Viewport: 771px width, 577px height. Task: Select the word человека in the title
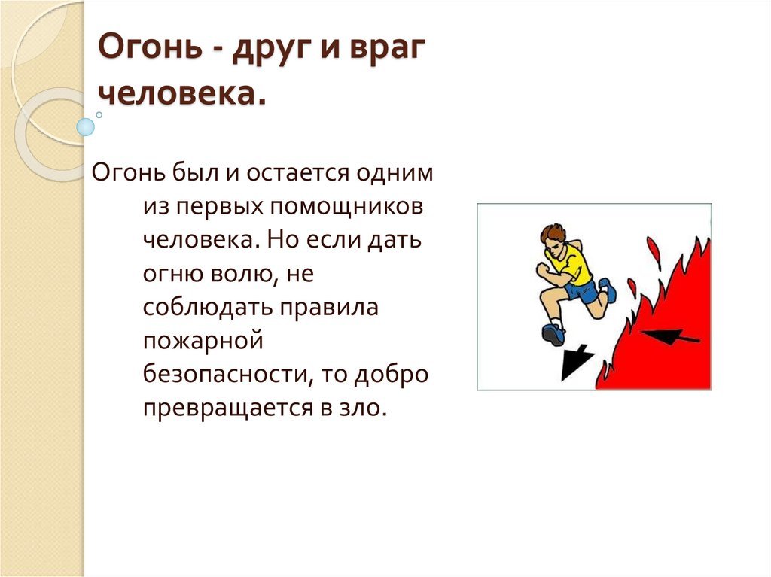coord(178,93)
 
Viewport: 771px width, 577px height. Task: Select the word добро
coord(392,375)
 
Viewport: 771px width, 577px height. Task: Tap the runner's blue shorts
coord(582,290)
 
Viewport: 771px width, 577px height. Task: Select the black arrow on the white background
coord(575,362)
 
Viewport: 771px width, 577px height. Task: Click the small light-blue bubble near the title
coord(86,127)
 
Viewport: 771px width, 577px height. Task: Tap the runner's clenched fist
coord(542,269)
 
